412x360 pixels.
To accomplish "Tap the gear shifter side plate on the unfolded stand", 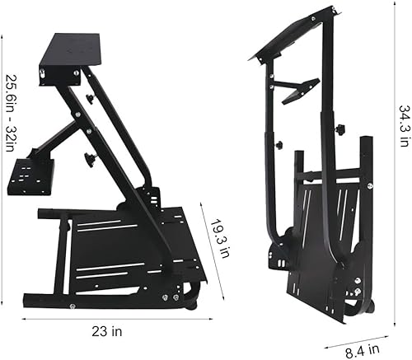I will [30, 176].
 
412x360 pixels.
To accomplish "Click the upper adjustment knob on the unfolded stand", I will [90, 99].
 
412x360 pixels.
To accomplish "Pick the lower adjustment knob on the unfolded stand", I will [89, 158].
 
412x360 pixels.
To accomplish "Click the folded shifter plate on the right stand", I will [300, 90].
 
